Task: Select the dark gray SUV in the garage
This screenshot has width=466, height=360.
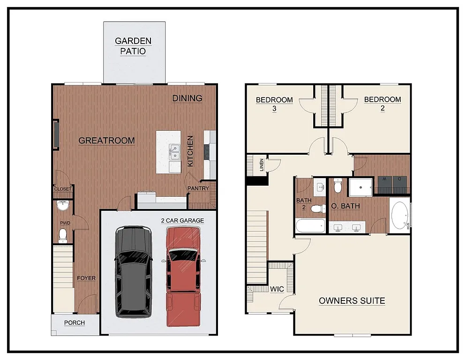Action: (x=134, y=271)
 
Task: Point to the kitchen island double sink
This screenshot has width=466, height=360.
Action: (x=175, y=151)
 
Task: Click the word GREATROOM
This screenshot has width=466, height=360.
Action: (x=106, y=140)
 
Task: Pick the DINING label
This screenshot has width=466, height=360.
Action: (x=187, y=98)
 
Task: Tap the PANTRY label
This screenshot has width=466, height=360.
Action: (x=198, y=188)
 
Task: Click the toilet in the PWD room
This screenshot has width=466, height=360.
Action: (x=62, y=236)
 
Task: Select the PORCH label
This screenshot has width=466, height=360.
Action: (x=75, y=322)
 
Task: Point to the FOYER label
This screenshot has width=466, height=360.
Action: (x=86, y=278)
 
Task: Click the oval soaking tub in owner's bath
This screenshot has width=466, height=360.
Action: (x=399, y=216)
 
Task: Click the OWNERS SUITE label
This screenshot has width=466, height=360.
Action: (x=352, y=300)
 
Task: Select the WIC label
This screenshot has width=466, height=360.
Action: (x=277, y=289)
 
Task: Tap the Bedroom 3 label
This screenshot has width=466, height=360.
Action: (x=274, y=104)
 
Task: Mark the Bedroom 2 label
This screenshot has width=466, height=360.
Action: (x=383, y=104)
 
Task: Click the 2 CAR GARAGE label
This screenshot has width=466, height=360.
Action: (x=182, y=220)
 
